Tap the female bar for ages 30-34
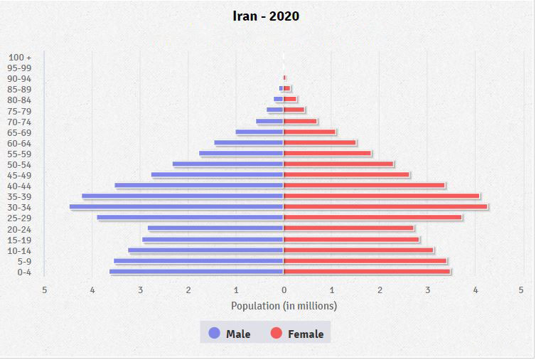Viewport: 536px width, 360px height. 385,207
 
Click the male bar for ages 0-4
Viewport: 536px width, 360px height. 196,272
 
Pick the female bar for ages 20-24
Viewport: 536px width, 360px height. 348,228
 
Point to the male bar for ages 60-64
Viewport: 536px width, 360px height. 249,142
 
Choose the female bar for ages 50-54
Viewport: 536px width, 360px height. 338,164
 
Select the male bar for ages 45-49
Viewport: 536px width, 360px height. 217,175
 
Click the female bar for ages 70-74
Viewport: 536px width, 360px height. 300,121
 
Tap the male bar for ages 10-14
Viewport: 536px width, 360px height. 205,250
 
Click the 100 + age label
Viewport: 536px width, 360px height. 20,57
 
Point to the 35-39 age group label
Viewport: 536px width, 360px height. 20,196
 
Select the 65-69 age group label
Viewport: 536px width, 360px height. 20,132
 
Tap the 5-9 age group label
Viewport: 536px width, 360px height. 24,261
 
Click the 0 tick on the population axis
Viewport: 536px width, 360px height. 284,290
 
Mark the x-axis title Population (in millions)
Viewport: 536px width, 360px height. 284,306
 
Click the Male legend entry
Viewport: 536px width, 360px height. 238,334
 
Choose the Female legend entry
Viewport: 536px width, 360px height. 306,334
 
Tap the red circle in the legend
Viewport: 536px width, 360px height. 277,333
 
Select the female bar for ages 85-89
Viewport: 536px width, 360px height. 287,89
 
